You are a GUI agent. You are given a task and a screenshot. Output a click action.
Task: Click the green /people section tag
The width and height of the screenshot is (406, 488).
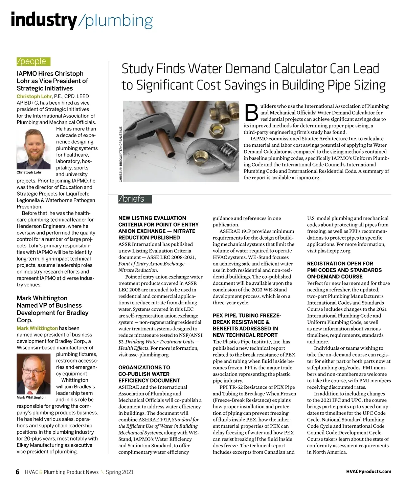coord(33,61)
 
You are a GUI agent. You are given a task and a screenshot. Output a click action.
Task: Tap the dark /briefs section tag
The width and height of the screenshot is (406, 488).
coord(135,199)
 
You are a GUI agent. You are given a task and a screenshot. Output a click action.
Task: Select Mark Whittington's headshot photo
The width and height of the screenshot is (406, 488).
coord(35,374)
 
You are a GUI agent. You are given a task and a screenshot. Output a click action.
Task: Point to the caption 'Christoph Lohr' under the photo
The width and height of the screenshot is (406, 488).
coord(29,172)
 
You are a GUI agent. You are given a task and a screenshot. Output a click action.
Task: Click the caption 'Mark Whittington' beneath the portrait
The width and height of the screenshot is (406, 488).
coord(31,398)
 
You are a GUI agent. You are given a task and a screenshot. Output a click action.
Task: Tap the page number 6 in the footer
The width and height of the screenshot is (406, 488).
coord(18,472)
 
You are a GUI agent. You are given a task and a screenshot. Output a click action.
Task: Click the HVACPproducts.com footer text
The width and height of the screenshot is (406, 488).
coord(368,472)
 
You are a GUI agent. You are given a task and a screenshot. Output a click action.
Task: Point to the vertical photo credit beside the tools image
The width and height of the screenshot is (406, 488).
coord(120,154)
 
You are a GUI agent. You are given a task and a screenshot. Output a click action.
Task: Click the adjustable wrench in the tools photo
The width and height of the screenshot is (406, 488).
coord(210,149)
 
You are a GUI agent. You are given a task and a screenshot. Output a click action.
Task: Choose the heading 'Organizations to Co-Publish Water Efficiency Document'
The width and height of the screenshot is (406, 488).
coord(149,374)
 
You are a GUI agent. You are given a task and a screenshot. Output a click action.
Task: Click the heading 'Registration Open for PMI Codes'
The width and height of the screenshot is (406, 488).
coord(344,270)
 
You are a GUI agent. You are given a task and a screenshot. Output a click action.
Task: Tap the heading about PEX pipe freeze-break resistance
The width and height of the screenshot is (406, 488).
coord(247,325)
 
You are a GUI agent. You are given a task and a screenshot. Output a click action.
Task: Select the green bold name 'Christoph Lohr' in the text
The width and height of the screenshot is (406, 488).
coord(34,97)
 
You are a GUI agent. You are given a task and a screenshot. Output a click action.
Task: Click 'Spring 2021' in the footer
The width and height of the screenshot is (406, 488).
coord(119,472)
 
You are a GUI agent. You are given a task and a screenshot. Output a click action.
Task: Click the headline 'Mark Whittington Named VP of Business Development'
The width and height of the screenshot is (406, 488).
coord(52,309)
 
